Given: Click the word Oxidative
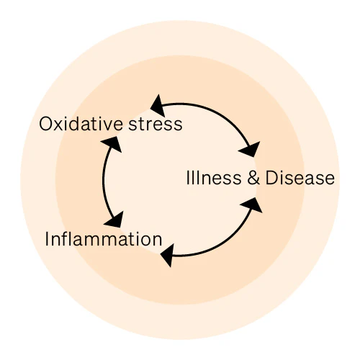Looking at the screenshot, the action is [x=81, y=124].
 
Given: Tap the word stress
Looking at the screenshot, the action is [x=156, y=124].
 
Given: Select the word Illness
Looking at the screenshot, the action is [x=214, y=178].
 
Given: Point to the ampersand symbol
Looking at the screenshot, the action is [x=253, y=178].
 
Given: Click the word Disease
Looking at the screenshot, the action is [x=300, y=178].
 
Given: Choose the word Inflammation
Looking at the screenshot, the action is [x=104, y=239].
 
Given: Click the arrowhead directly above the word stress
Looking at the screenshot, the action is [x=158, y=106].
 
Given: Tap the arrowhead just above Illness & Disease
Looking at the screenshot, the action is [x=250, y=150].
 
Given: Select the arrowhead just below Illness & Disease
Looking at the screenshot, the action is [x=251, y=205].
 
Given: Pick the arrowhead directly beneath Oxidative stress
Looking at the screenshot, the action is [x=112, y=144].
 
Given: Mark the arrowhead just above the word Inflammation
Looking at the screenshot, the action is [x=114, y=220].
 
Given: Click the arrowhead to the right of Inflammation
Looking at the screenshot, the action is [x=168, y=256].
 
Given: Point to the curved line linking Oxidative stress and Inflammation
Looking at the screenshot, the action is [x=103, y=180].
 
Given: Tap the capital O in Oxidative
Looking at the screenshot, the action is [x=46, y=124].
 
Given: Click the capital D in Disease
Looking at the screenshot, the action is [x=271, y=178].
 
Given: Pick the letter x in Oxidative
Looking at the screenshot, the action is [x=59, y=126].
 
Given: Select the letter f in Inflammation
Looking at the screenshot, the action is [x=63, y=238].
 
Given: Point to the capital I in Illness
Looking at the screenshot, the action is [x=188, y=178].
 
